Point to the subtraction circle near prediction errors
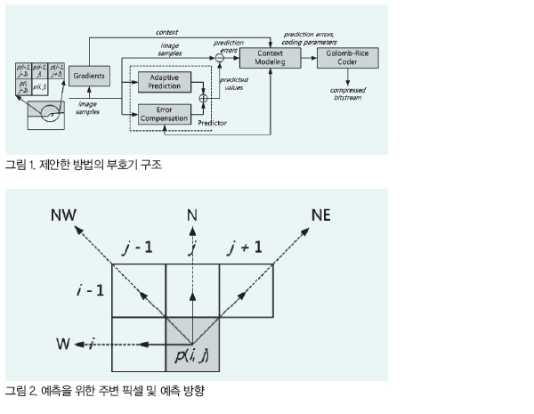[x=216, y=59]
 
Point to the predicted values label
[x=234, y=83]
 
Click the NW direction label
[x=63, y=215]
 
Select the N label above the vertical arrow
[x=192, y=215]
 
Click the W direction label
[x=63, y=343]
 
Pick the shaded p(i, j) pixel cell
[x=192, y=345]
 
